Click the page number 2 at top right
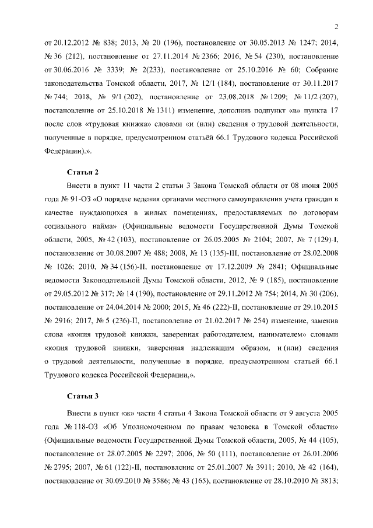pos(337,25)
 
